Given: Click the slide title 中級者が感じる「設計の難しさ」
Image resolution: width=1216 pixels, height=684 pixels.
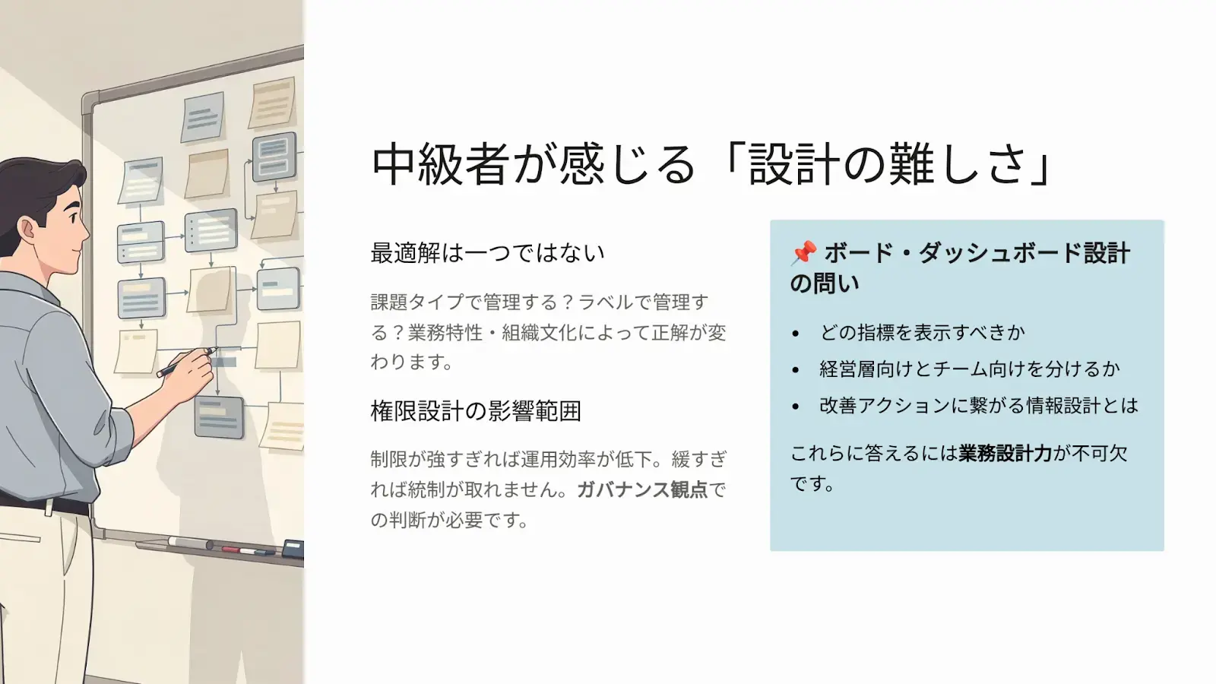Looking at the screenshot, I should (x=711, y=164).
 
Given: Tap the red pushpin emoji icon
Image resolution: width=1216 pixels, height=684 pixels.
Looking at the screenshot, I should (x=804, y=252).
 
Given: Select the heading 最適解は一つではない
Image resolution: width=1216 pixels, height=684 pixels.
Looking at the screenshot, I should (x=487, y=253).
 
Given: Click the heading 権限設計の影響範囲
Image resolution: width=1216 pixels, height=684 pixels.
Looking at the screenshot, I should (x=476, y=411).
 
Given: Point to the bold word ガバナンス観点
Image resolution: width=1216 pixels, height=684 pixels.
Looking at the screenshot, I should (x=642, y=490).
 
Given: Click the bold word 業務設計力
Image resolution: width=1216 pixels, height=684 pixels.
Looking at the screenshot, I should (x=1005, y=454).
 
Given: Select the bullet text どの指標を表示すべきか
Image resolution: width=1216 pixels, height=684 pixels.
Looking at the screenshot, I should (x=922, y=333).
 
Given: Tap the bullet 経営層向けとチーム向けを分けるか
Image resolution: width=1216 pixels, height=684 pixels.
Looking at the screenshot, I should (x=969, y=369).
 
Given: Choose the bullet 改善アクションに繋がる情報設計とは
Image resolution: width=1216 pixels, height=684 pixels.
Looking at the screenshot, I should (x=978, y=406).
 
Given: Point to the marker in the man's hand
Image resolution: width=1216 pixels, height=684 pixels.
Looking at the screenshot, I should (x=186, y=362).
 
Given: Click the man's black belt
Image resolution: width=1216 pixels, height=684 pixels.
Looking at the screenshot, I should (x=46, y=503).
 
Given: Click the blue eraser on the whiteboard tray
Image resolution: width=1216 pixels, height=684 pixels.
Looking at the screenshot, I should (x=293, y=548).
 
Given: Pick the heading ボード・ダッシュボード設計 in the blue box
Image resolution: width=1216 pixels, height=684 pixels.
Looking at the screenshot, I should (x=977, y=253).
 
